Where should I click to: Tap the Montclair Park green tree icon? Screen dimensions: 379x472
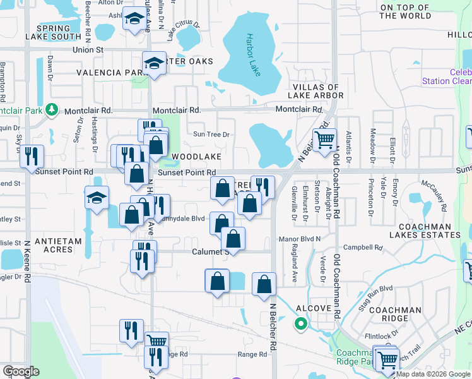point(53,110)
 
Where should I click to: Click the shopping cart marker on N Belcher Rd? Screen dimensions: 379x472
point(324,140)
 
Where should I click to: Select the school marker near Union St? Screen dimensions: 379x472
point(153,63)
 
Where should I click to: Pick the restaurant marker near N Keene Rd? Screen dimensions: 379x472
point(32,155)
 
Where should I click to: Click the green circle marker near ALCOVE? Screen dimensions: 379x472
point(301,325)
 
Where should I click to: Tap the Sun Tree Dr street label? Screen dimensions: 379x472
point(211,134)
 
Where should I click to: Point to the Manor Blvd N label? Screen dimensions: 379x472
point(300,239)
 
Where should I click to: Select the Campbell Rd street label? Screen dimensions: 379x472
point(362,248)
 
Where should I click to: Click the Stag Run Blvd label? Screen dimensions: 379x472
point(377,288)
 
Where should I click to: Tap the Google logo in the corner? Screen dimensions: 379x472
point(21,371)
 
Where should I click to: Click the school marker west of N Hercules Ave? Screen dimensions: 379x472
point(97,198)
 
